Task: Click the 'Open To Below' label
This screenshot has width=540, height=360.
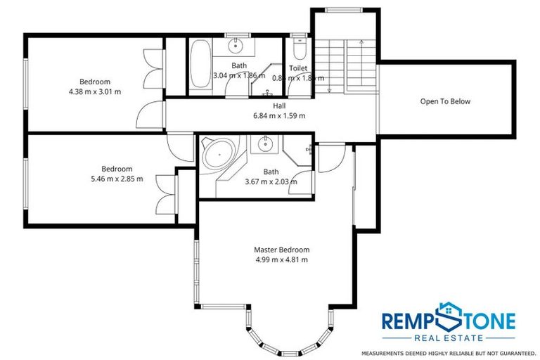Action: click(x=445, y=101)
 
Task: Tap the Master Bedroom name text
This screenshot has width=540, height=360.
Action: click(x=281, y=250)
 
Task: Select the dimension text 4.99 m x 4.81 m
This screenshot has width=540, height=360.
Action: click(x=281, y=259)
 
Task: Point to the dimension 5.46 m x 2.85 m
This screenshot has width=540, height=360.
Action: click(x=116, y=179)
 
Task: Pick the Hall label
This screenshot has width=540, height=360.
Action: click(x=279, y=105)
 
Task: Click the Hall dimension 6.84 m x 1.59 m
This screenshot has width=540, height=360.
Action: click(x=279, y=115)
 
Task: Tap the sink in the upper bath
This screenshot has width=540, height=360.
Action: click(x=236, y=46)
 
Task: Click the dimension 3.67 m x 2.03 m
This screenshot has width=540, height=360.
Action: click(x=271, y=181)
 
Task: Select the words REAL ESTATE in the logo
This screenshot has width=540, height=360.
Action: click(x=449, y=337)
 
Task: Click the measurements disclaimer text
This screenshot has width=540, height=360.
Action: click(x=449, y=352)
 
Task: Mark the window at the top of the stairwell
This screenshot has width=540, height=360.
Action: click(x=342, y=9)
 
